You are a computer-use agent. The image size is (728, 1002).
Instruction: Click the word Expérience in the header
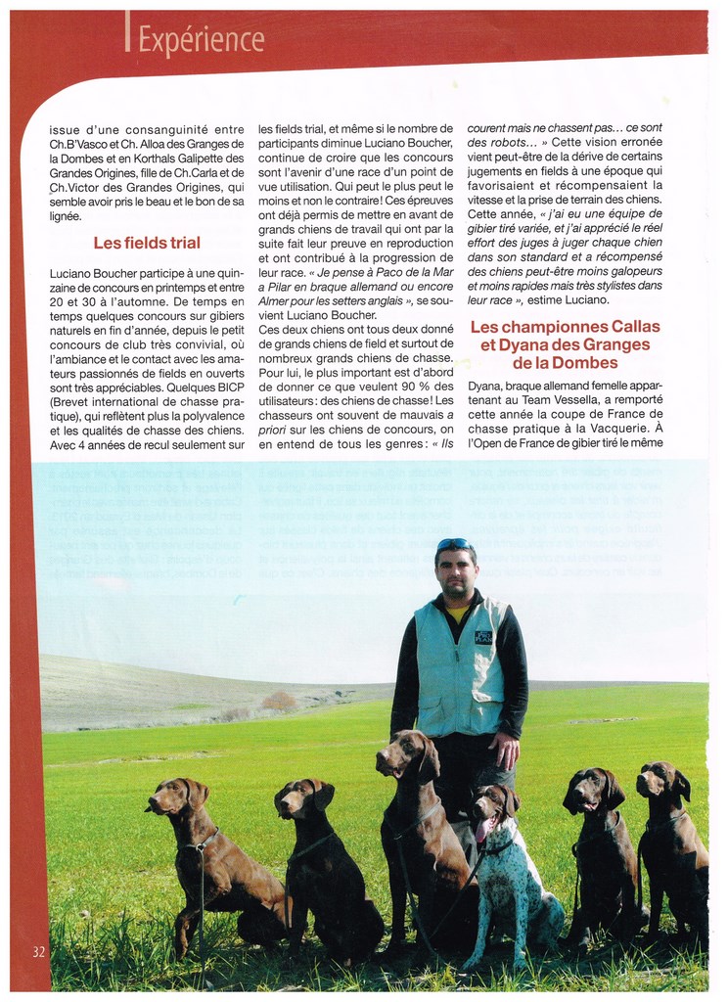[x=201, y=39]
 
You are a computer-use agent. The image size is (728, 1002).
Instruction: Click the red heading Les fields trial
[x=147, y=243]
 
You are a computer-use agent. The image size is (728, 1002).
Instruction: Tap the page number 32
[x=38, y=951]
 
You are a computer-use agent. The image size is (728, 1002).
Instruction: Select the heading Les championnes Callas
[x=566, y=327]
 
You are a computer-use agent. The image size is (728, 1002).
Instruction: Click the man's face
[x=456, y=571]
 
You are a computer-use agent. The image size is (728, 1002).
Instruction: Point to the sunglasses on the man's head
[x=454, y=544]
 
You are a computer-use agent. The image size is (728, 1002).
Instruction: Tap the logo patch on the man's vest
[x=483, y=636]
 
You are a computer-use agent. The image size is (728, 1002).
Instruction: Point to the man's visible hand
[x=505, y=751]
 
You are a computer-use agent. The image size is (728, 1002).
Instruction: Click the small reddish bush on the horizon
[x=279, y=701]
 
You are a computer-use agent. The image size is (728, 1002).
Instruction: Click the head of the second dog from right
[x=591, y=789]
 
